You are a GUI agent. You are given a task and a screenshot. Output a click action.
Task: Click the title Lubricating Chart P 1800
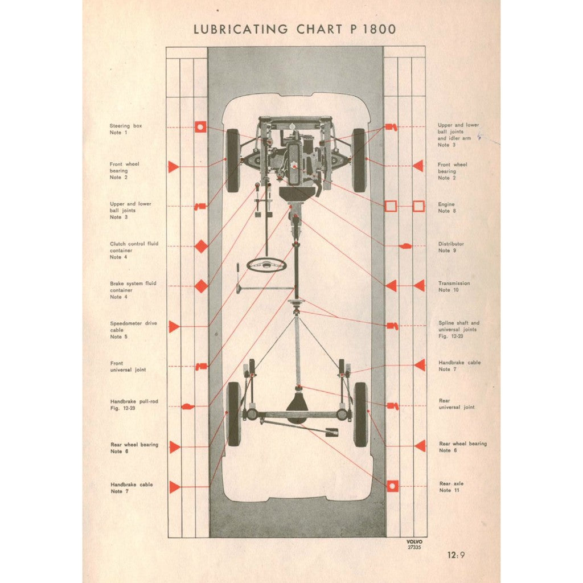point(294,29)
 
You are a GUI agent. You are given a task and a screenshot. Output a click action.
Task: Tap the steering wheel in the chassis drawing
point(266,264)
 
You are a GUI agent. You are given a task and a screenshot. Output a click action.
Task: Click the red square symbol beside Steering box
point(200,127)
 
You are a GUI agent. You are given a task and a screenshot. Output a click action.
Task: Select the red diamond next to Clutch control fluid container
point(201,246)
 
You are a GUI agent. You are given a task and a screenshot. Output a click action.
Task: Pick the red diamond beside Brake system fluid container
point(201,286)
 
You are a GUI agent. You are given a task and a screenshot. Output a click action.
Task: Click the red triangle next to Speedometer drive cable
point(174,326)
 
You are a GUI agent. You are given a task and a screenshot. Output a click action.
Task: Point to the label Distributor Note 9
point(451,247)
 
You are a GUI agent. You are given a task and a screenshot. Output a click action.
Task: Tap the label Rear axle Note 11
point(451,487)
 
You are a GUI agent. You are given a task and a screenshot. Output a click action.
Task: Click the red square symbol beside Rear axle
point(392,486)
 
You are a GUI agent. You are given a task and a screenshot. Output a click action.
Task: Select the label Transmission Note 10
point(454,286)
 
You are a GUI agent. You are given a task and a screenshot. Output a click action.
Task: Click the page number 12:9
point(455,555)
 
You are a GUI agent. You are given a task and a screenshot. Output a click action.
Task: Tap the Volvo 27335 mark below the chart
point(414,544)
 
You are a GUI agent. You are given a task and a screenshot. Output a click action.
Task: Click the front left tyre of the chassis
point(232,160)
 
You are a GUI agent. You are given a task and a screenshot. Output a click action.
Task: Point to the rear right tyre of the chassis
point(360,414)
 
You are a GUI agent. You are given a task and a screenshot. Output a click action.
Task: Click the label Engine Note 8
point(446,207)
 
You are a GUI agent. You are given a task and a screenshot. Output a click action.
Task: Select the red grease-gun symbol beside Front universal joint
point(200,366)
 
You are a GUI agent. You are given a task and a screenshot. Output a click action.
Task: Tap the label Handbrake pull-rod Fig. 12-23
point(134,405)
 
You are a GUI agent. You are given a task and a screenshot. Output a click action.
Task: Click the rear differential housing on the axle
point(297,405)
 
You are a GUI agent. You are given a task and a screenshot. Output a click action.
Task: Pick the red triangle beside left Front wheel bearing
point(174,166)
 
